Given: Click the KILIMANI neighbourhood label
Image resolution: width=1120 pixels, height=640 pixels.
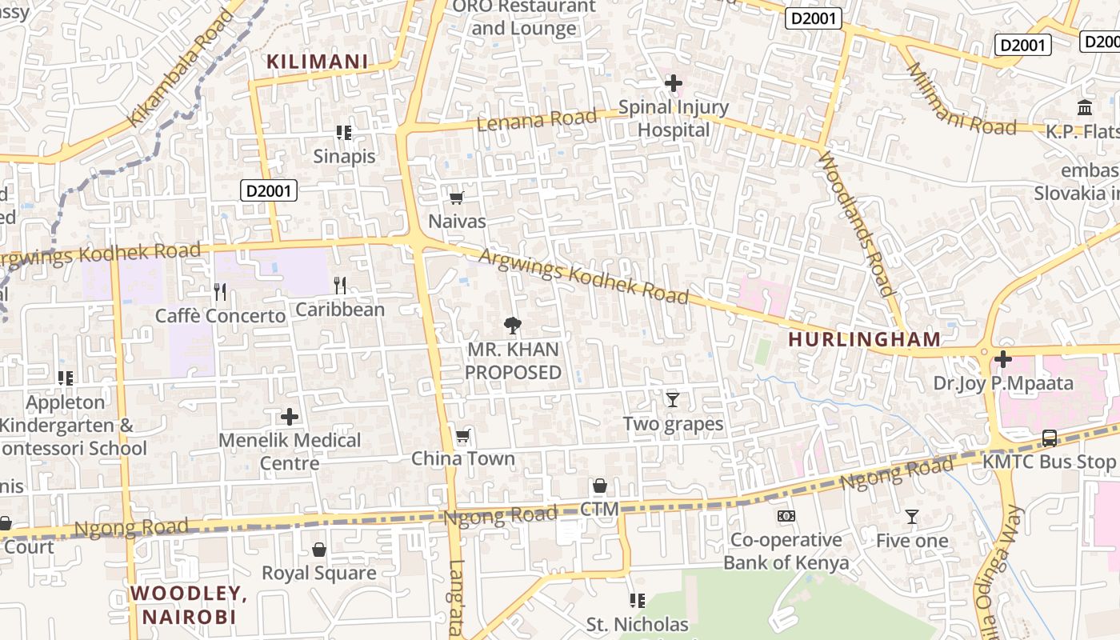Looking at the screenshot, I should (x=317, y=62).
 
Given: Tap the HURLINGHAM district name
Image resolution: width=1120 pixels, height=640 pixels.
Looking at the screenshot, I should (x=865, y=339).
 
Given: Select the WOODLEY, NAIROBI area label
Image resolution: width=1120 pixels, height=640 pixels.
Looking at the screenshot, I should (x=189, y=605).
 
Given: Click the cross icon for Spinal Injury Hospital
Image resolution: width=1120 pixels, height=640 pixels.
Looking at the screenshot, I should (x=674, y=82).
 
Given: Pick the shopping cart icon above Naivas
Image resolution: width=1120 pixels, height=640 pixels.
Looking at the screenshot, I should (x=456, y=198).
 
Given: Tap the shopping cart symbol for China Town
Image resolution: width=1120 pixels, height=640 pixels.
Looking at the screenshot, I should (x=462, y=436).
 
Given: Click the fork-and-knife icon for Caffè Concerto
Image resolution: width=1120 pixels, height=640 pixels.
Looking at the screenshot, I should (x=220, y=292).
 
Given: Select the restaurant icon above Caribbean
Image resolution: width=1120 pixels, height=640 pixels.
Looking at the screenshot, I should (x=340, y=286).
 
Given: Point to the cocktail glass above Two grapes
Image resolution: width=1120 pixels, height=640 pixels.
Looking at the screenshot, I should (x=672, y=399).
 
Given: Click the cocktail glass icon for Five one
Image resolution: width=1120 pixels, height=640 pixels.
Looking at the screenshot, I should (x=911, y=517).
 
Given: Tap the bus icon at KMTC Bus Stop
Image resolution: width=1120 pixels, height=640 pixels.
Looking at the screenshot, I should (x=1049, y=438).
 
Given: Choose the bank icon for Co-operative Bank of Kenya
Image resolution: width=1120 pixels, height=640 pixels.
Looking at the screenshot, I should (x=786, y=516).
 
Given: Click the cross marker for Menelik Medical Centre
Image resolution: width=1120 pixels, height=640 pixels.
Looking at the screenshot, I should (x=290, y=417).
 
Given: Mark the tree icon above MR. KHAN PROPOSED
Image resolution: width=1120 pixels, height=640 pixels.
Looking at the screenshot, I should (x=513, y=325).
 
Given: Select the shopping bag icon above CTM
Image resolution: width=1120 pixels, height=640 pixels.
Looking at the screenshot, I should (x=599, y=486).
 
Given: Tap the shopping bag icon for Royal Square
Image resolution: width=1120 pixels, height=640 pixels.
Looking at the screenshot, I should (x=319, y=550).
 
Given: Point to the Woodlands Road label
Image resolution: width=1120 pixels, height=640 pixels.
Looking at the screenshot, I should (x=855, y=223).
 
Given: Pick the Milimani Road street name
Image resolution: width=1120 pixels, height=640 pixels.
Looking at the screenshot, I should (x=961, y=99).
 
